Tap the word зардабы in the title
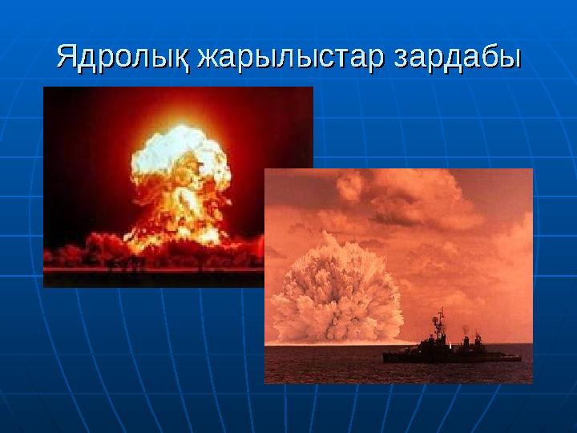tap(455, 57)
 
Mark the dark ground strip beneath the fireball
tap(152, 277)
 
